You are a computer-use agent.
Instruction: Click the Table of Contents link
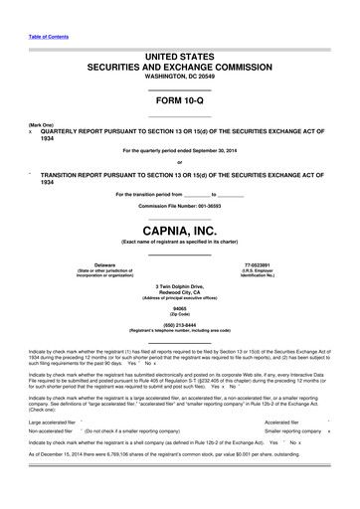tap(42, 36)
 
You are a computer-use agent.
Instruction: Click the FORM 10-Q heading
tap(179, 101)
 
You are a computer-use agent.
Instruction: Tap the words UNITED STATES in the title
tap(179, 61)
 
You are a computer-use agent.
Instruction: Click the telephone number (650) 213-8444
tap(179, 324)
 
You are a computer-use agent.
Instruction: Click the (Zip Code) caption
tap(179, 314)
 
